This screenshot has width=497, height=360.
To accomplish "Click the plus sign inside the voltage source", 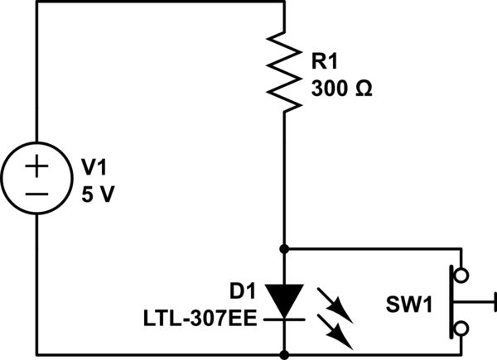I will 36,166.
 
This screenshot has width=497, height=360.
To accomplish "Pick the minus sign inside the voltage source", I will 36,195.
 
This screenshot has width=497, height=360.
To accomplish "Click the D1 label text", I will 244,290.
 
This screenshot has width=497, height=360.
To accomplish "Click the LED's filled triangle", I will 284,299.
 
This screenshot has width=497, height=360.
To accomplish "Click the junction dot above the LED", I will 284,247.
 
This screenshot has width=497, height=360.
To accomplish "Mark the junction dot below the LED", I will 284,354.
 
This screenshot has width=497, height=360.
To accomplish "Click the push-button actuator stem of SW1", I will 475,300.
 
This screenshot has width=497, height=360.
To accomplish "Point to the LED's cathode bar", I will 284,314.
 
